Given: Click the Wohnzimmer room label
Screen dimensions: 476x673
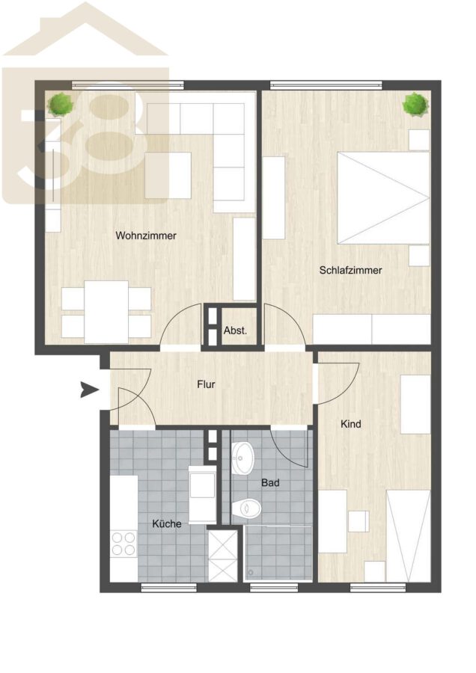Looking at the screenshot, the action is (146, 236).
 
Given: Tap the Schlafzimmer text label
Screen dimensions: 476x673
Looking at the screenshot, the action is (350, 271).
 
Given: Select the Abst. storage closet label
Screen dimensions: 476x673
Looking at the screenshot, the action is (236, 331).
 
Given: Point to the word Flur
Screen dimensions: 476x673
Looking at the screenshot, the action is (207, 384).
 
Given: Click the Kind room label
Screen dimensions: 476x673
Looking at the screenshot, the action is (350, 424).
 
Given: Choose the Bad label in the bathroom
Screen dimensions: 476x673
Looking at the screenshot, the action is (270, 483).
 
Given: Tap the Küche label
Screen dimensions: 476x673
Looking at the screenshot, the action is (167, 523).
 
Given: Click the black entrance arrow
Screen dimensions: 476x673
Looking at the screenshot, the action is (89, 390).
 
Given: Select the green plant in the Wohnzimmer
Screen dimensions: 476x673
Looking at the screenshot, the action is (61, 104).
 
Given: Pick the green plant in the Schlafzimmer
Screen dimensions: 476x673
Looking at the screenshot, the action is (416, 104).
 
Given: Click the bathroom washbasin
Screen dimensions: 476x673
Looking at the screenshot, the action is (243, 458).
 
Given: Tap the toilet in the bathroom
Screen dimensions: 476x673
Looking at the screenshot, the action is (246, 509).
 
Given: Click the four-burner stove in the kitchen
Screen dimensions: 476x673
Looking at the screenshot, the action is (123, 544).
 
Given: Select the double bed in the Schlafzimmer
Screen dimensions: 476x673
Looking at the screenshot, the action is (384, 198).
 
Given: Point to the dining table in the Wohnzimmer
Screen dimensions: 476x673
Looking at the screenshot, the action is (106, 312).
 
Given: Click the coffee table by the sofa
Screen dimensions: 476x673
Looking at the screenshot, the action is (168, 176).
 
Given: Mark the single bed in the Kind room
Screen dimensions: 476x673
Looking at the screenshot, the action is (408, 536).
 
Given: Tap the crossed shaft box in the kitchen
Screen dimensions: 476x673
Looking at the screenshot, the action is (222, 556).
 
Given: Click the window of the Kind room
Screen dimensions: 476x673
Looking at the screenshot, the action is (378, 588).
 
